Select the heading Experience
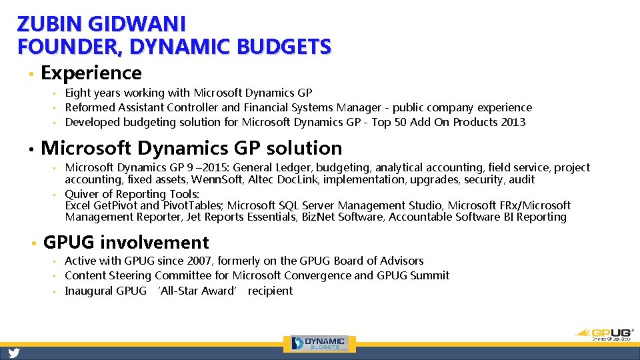pos(91,73)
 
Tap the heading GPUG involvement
pos(126,243)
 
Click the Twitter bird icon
pos(13,353)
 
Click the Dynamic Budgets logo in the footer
pos(323,343)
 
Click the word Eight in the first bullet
pos(77,93)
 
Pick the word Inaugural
pos(89,291)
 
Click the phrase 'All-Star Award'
pos(197,291)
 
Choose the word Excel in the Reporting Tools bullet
pos(78,205)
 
